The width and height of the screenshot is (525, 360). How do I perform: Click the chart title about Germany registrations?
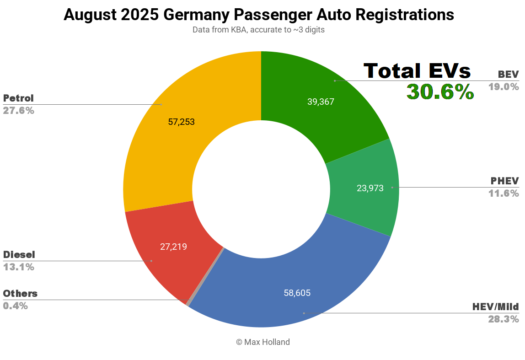258,15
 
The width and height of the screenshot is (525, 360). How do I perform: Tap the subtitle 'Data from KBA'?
258,30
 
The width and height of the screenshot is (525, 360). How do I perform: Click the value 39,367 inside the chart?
321,102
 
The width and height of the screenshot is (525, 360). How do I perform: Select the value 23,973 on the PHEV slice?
370,188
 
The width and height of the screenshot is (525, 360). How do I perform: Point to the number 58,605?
297,293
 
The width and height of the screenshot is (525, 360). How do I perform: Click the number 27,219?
173,247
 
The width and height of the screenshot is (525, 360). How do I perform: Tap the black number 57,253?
181,122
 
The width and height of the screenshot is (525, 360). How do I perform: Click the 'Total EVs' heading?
417,71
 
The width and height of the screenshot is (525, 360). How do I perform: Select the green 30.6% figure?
440,92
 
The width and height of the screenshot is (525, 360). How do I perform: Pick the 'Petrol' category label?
18,98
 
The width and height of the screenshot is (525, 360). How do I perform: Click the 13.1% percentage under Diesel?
18,267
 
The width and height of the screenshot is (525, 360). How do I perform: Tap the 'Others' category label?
20,293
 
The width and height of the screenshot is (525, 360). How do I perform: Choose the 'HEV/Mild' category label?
496,306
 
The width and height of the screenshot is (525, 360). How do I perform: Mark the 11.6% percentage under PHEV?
504,193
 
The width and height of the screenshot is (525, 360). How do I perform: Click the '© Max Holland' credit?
262,342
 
